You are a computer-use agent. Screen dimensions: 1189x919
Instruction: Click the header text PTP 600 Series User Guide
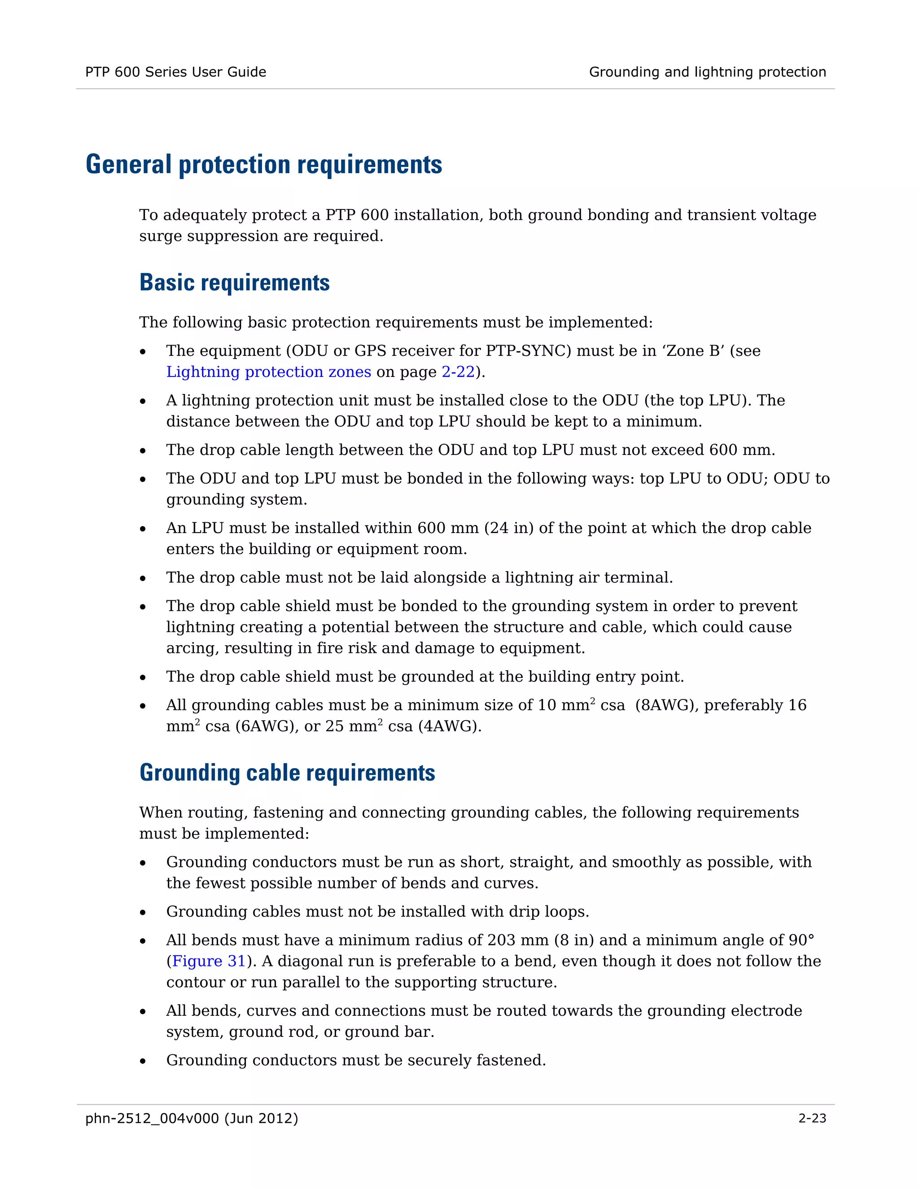(175, 72)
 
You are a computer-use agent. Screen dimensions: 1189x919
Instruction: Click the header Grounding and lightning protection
(707, 72)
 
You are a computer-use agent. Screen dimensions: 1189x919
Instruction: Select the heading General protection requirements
(263, 164)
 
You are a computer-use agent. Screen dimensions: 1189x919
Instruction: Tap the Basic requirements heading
(234, 283)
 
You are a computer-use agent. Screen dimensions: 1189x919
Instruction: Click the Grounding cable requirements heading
(287, 773)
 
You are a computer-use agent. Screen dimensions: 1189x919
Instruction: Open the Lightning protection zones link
(268, 372)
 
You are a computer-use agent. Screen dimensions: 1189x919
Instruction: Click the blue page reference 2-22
(458, 372)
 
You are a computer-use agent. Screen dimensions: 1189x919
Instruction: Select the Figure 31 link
(209, 961)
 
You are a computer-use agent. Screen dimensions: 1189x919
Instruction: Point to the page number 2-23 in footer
(812, 1118)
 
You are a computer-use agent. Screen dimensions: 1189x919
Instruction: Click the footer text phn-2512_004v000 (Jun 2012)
(192, 1118)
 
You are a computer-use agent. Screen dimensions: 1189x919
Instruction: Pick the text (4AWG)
(449, 726)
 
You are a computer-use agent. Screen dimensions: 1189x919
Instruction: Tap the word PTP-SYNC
(528, 350)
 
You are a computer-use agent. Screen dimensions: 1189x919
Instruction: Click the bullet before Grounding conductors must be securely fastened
(143, 1061)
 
